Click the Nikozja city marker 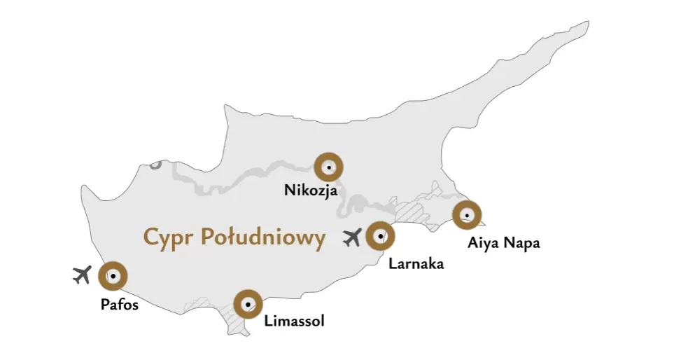click(x=328, y=167)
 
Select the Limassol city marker click(x=247, y=305)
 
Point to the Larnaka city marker click(x=380, y=236)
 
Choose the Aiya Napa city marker click(x=467, y=214)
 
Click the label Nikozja click(x=311, y=190)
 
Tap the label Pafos click(x=120, y=305)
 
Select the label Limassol click(x=295, y=321)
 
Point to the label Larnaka click(x=416, y=264)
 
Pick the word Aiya click(x=483, y=244)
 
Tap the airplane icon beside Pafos click(x=83, y=275)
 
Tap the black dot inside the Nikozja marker click(x=328, y=167)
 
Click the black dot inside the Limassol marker click(x=247, y=305)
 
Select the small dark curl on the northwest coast click(x=155, y=164)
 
